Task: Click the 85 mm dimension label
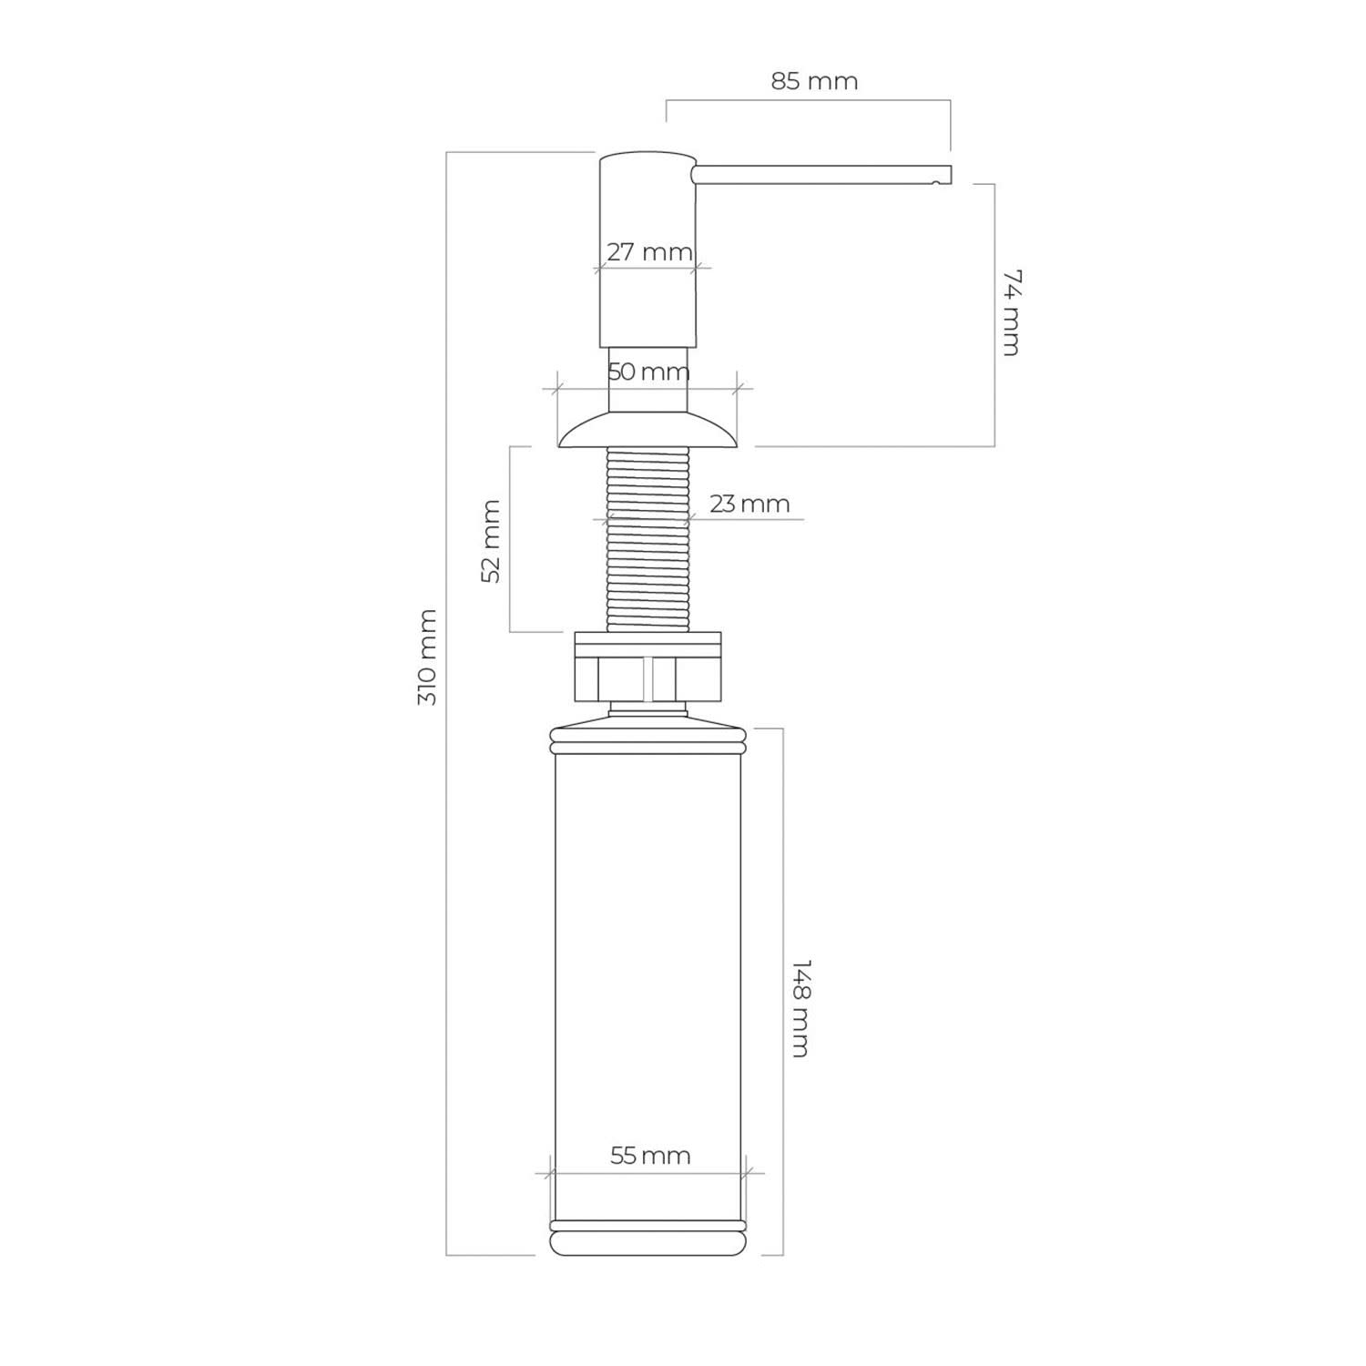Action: (814, 81)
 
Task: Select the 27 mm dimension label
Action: (649, 251)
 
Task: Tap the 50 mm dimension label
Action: (648, 372)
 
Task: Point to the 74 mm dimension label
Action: (1010, 311)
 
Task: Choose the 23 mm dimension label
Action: (749, 504)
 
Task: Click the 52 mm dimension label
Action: (491, 541)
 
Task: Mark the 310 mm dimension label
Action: (427, 657)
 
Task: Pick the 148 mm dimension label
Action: (800, 1007)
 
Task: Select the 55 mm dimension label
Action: (650, 1156)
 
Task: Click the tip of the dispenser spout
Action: (951, 174)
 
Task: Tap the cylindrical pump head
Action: (647, 250)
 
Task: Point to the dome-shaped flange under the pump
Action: (647, 429)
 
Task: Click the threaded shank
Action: (647, 538)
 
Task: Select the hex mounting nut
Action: (647, 679)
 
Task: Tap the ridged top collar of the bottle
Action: (647, 739)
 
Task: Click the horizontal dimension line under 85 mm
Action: (809, 100)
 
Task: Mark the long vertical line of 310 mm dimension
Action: (446, 704)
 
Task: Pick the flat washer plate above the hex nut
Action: (647, 644)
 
